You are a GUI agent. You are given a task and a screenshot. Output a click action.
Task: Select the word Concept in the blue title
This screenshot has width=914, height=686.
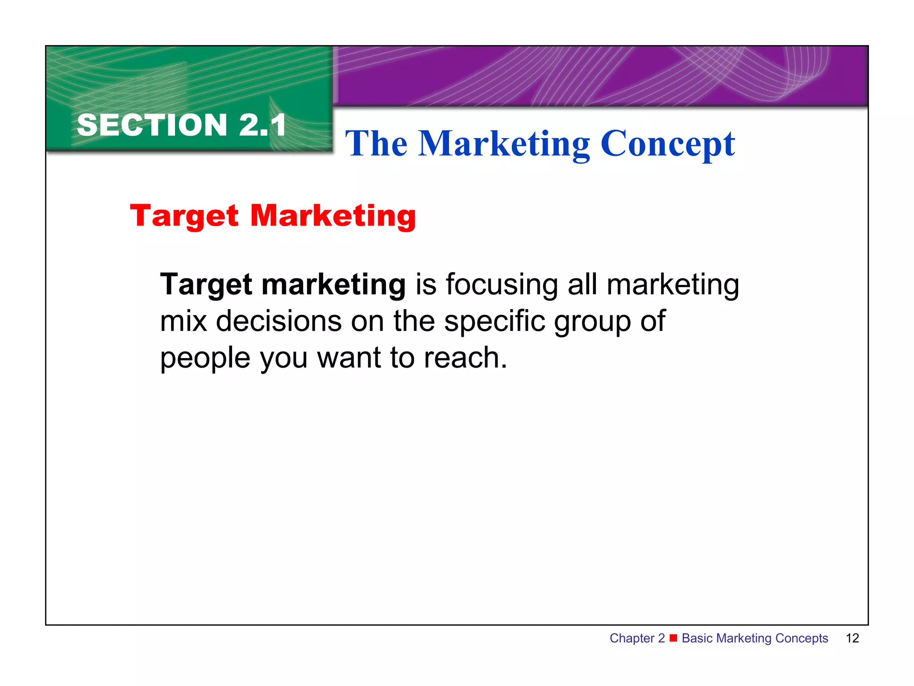pos(668,144)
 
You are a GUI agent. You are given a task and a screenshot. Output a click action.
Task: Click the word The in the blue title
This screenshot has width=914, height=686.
pos(376,144)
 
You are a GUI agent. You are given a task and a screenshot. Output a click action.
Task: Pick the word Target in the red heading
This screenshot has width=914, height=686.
pos(184,217)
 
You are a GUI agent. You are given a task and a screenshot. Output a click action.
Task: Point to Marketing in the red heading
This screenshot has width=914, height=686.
pos(333,217)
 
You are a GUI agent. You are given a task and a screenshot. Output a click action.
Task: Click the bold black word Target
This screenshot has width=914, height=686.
pos(206,285)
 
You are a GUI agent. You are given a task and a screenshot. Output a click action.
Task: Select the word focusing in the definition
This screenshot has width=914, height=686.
pos(502,284)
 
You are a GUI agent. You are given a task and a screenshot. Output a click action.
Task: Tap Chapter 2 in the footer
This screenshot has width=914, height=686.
pos(637,638)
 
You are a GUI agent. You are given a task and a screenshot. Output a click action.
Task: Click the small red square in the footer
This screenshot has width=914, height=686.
pos(673,638)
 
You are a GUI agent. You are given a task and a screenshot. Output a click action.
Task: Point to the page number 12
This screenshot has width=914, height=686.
pos(852,638)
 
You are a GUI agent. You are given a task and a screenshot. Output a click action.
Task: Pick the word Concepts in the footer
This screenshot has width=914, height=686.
pos(802,639)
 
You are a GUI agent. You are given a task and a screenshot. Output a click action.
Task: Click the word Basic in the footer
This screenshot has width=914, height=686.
pos(697,638)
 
